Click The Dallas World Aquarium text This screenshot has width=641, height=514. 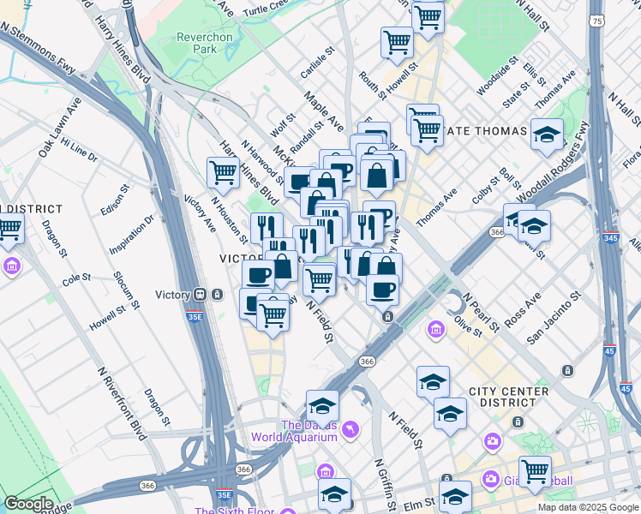(x=294, y=431)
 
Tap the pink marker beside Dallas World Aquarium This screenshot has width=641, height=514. (x=350, y=428)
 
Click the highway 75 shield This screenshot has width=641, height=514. (x=596, y=19)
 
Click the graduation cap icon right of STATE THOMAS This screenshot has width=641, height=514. (x=547, y=135)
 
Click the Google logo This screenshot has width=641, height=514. (x=28, y=505)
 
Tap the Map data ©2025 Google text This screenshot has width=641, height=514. (x=588, y=507)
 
